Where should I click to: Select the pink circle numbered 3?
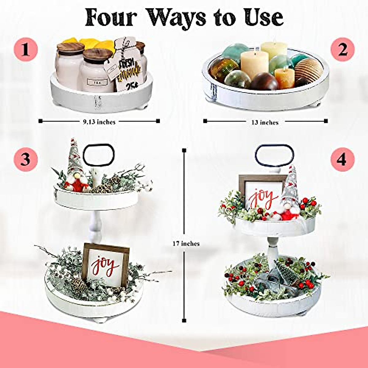25,159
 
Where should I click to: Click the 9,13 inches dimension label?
99,122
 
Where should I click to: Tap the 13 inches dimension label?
265,122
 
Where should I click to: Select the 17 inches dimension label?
186,243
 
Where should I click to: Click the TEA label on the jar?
97,82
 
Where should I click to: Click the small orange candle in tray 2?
284,78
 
